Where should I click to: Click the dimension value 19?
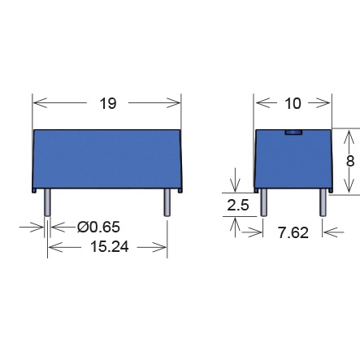(x=108, y=103)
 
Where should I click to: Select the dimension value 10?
(x=293, y=103)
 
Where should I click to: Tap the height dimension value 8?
(x=350, y=161)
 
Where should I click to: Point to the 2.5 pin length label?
(x=238, y=205)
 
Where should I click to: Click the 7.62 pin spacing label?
(x=293, y=233)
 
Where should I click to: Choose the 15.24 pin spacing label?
(x=110, y=247)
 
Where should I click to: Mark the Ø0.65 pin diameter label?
(x=98, y=227)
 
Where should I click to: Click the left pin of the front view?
(x=47, y=202)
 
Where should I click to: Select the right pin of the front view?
(x=167, y=202)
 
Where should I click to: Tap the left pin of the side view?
(x=263, y=202)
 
